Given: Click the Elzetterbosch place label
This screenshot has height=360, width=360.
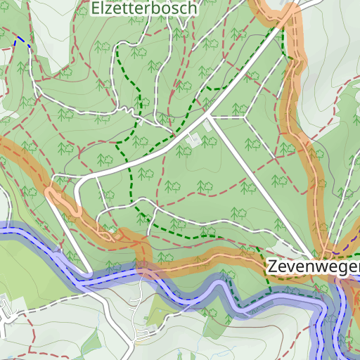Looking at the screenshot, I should coord(145,8).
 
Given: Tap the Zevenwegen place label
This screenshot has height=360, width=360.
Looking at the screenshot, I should coord(313,268).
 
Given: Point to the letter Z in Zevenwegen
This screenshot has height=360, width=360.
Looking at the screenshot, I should coord(272,268).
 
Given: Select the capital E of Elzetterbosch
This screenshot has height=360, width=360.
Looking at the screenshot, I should coord(96,8).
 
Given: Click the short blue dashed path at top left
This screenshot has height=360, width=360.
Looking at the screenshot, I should coord(22,40).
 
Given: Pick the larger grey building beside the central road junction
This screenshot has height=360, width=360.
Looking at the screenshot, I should coord(193,141).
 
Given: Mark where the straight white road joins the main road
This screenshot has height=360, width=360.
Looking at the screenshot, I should coord(208,117).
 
